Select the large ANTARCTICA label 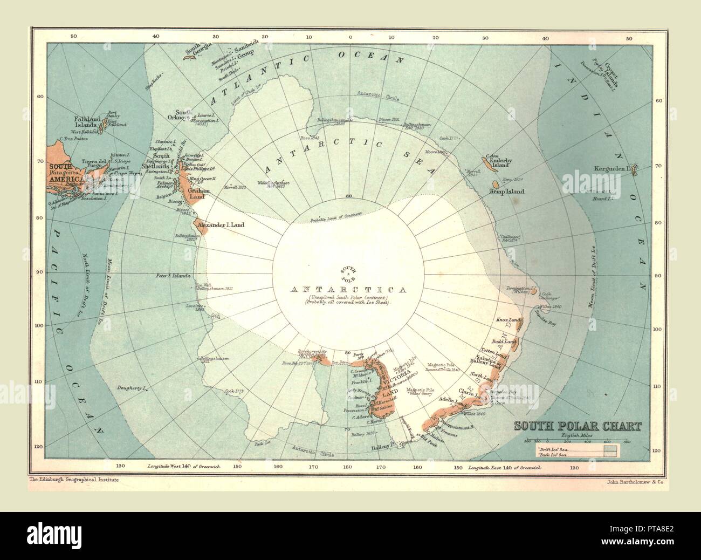pyautogui.click(x=347, y=289)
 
